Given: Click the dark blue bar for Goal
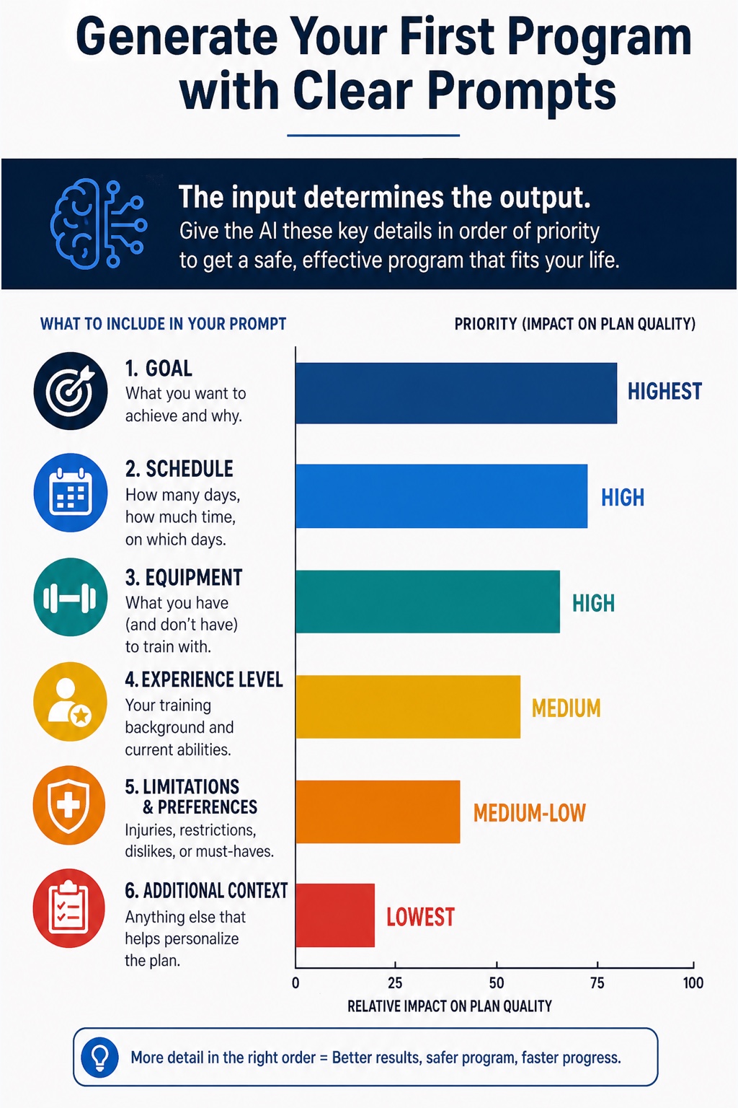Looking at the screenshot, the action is (x=456, y=393).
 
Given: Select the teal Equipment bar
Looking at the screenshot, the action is (x=427, y=602).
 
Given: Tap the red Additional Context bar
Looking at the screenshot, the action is (x=335, y=915).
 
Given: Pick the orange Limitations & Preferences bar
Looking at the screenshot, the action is (x=378, y=812).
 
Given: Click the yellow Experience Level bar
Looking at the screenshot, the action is (x=408, y=707).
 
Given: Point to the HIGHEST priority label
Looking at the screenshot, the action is (x=664, y=391).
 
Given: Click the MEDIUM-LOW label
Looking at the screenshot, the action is (x=530, y=813).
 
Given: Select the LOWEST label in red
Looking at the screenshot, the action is (x=420, y=917).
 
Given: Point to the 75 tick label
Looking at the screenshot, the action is (x=597, y=983).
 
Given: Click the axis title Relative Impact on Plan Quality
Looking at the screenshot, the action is (x=449, y=1006).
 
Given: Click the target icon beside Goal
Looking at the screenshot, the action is (x=71, y=391).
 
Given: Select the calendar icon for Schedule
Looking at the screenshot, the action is (x=71, y=493).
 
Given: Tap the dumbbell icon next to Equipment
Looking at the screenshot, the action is (x=70, y=597).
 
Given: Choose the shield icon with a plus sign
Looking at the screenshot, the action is (x=69, y=805).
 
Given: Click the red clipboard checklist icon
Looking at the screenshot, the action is (x=68, y=908).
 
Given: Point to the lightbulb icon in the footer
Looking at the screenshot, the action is (x=100, y=1058).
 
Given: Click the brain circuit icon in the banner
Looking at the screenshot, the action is (x=99, y=224).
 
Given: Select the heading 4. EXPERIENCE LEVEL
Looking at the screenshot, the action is (x=204, y=680).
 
